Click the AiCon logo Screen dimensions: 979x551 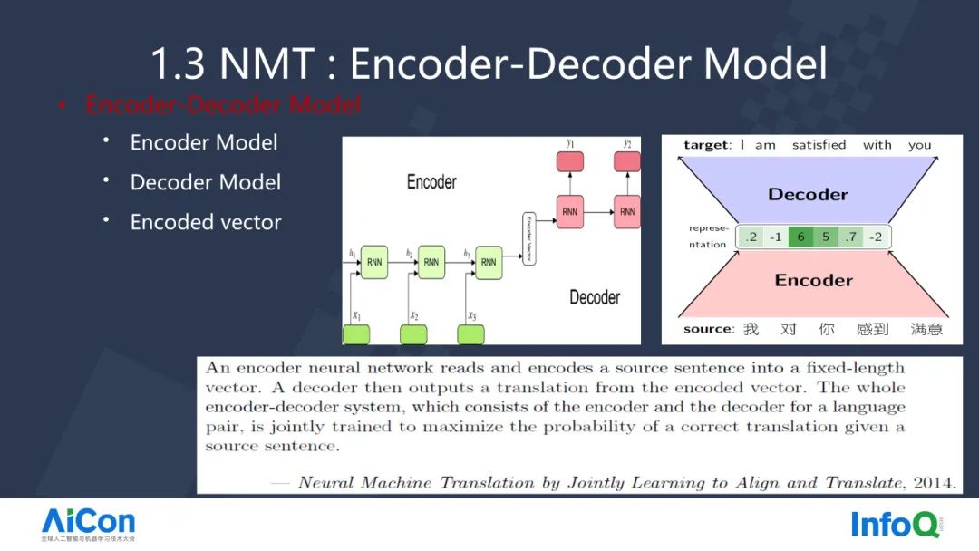[88, 524]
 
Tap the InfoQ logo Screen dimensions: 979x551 [895, 524]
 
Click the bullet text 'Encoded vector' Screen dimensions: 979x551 [206, 222]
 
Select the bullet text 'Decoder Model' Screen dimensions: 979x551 [206, 182]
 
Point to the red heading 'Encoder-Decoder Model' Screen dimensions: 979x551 [223, 105]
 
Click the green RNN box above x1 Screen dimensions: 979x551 [374, 262]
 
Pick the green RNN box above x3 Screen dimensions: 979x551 [489, 262]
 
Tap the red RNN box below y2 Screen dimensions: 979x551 [626, 212]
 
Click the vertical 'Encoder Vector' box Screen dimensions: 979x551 [528, 239]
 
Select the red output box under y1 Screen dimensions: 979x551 [570, 162]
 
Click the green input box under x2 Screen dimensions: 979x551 [413, 334]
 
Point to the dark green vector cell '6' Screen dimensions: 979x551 [800, 237]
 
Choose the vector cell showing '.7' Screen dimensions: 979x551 [850, 237]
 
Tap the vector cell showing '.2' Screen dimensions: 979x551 [751, 237]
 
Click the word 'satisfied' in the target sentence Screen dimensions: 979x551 [819, 145]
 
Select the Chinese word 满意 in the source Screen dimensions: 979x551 [926, 329]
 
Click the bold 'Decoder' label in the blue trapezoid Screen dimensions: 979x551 [808, 194]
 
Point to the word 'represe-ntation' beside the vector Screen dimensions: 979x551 [707, 237]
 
